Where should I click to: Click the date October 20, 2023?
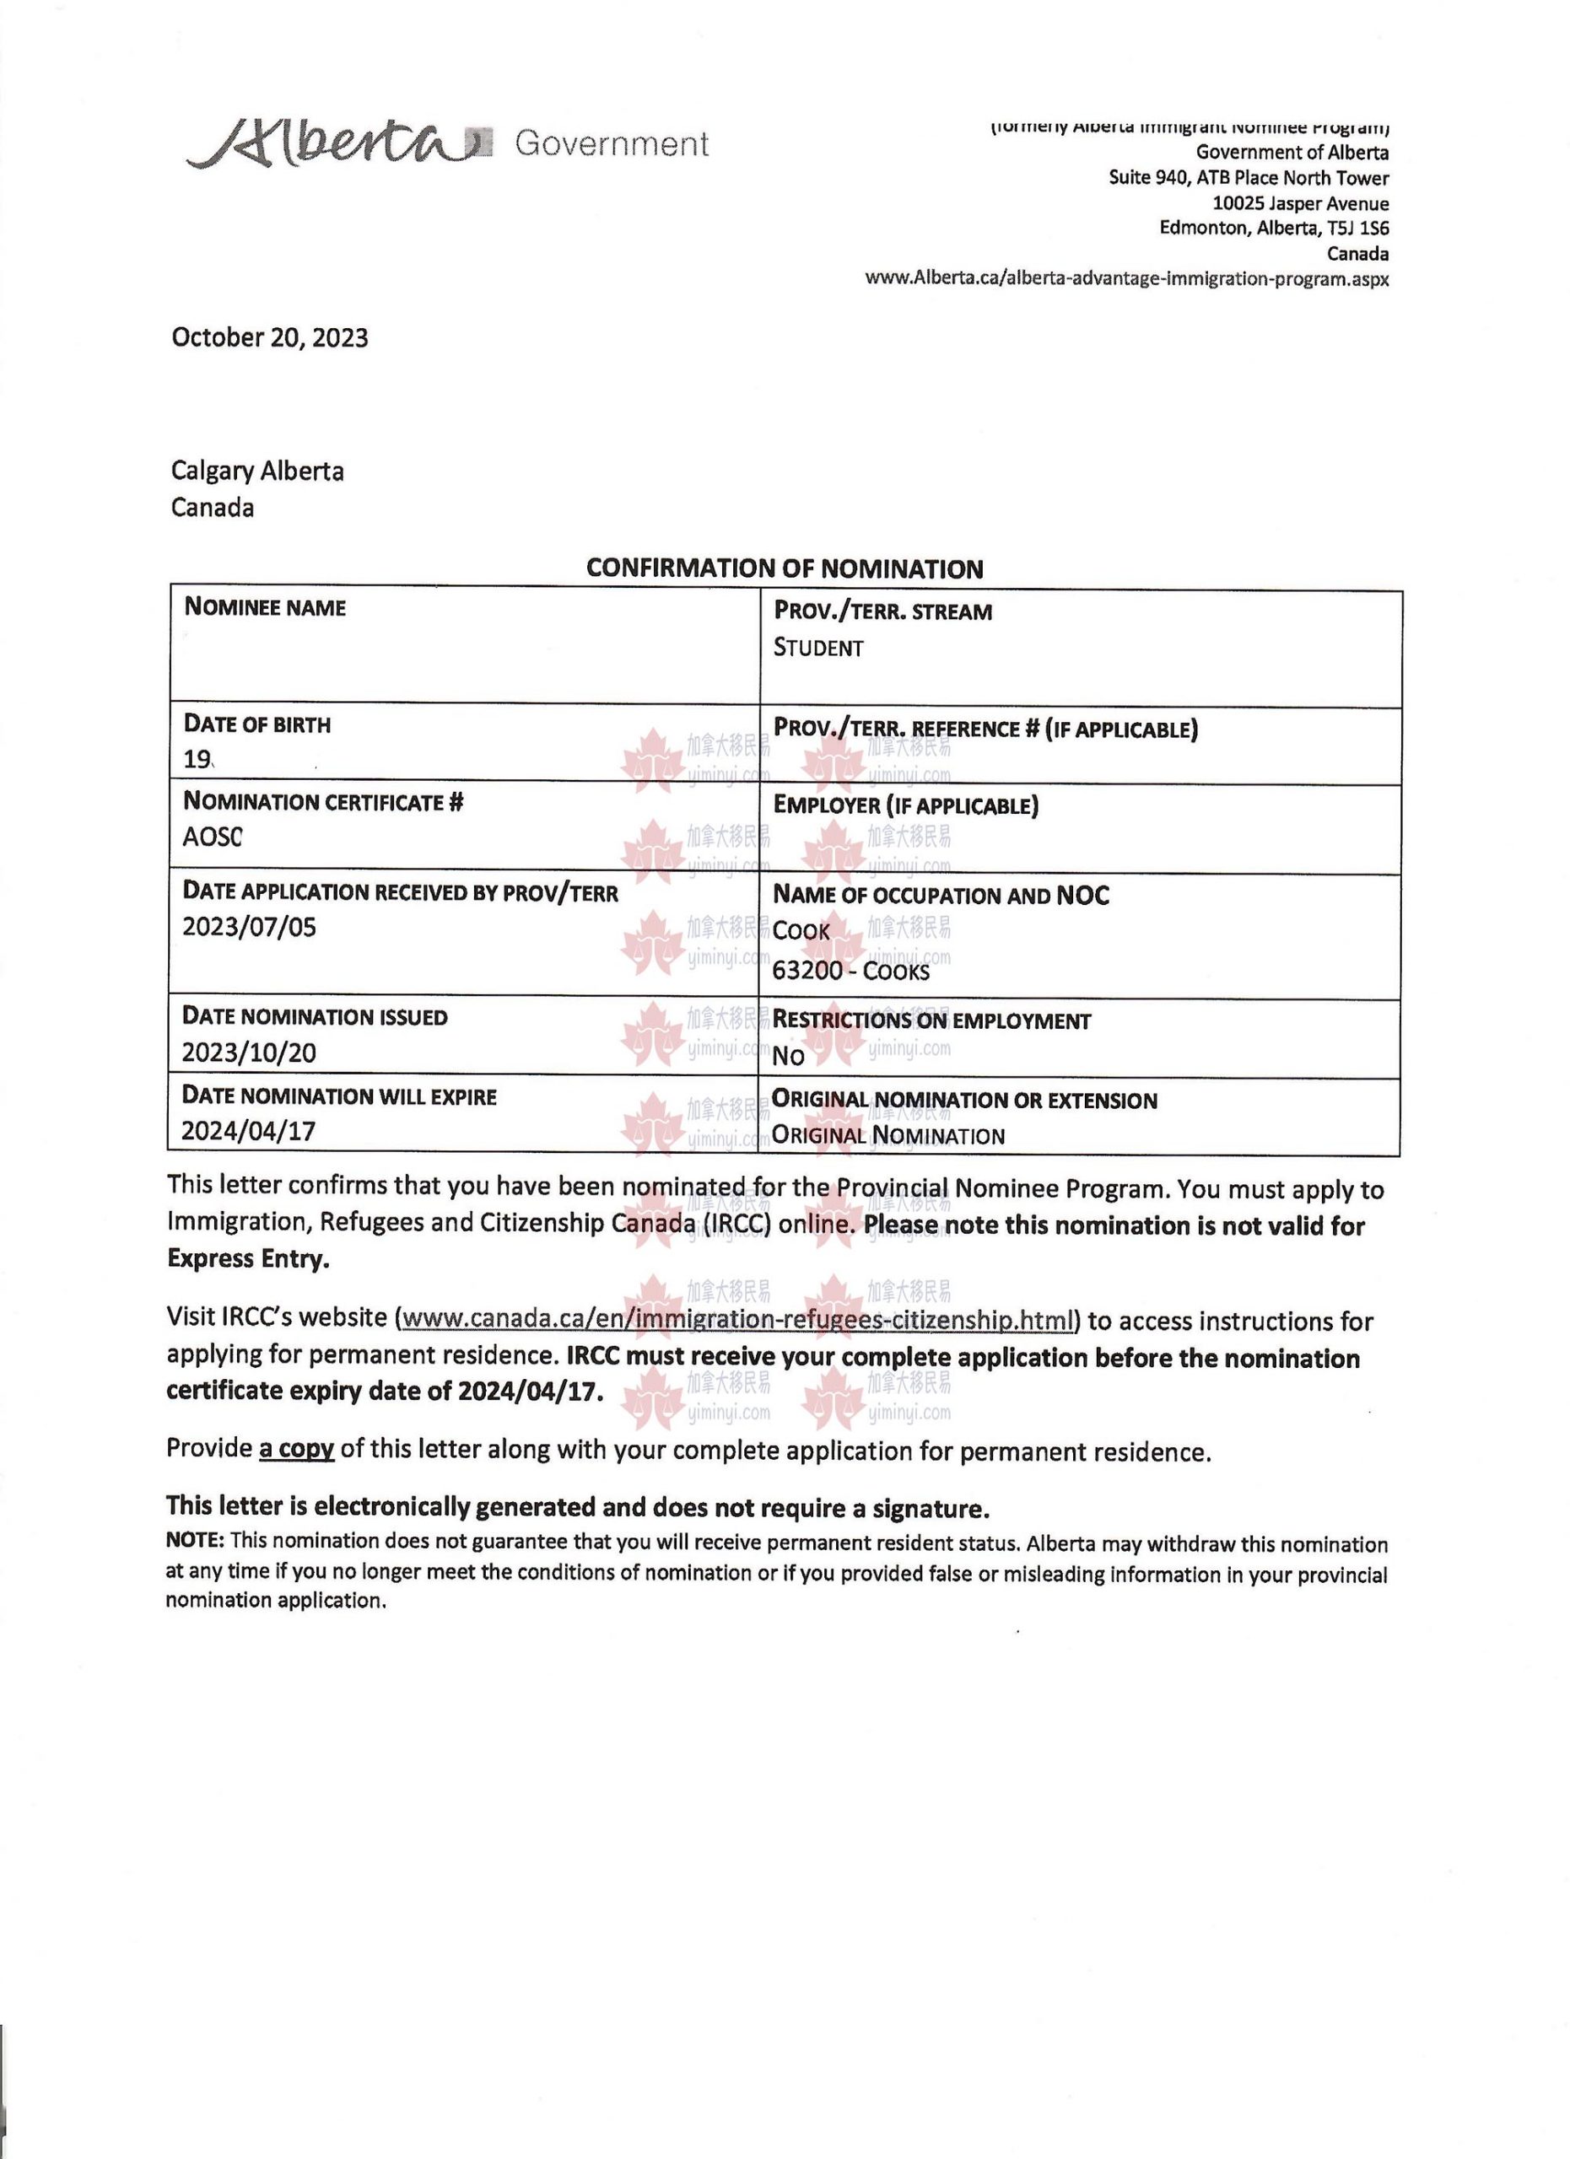click(x=269, y=338)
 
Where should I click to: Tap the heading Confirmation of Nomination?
click(x=785, y=568)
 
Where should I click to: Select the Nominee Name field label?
click(x=265, y=607)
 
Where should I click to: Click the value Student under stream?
click(x=817, y=649)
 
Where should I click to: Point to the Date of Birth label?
click(x=257, y=724)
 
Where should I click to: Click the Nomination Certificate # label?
click(x=323, y=803)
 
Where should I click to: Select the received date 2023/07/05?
click(x=250, y=927)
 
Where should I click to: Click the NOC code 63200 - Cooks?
click(x=851, y=971)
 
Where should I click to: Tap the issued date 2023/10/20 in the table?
click(x=250, y=1053)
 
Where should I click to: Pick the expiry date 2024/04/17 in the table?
click(x=250, y=1131)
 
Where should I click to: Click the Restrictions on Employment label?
click(x=931, y=1020)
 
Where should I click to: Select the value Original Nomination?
click(x=888, y=1136)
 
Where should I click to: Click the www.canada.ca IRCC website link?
click(x=737, y=1321)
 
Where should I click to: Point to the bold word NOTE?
click(x=195, y=1539)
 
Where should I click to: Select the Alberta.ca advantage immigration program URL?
click(x=1126, y=279)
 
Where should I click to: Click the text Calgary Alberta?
click(x=257, y=471)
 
